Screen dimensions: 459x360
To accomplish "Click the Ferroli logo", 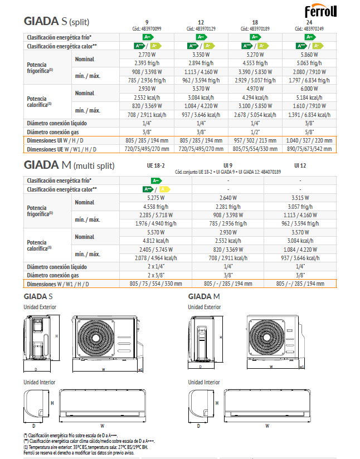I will point(332,11).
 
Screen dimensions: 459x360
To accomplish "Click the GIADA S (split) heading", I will point(57,22).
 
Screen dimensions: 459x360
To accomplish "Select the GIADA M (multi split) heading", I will point(69,165).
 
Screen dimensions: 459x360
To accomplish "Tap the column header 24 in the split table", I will point(309,22).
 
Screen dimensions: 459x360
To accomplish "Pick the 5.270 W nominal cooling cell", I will point(255,55).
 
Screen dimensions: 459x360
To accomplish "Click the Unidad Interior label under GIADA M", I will point(204,382).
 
